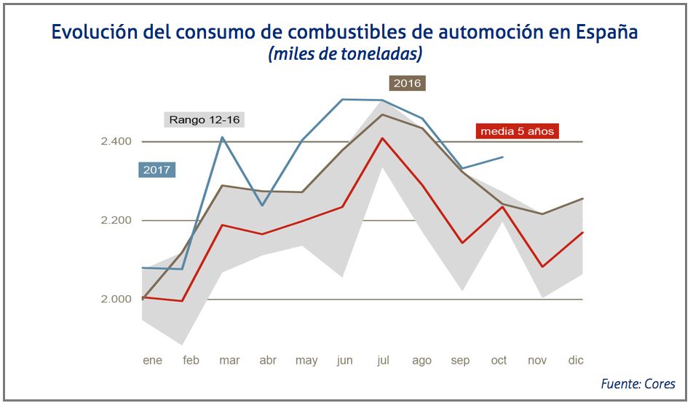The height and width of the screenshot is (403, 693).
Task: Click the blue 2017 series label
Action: pyautogui.click(x=157, y=171)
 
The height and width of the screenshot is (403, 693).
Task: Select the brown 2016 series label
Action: pyautogui.click(x=407, y=83)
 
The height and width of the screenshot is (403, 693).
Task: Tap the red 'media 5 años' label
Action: pyautogui.click(x=517, y=131)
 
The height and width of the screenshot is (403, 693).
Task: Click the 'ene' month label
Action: pyautogui.click(x=152, y=360)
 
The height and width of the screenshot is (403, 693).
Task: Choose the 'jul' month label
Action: pyautogui.click(x=383, y=360)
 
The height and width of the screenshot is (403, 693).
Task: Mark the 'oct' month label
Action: pyautogui.click(x=499, y=360)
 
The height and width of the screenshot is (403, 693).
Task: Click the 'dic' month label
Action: pyautogui.click(x=576, y=360)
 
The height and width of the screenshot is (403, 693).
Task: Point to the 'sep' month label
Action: pyautogui.click(x=461, y=360)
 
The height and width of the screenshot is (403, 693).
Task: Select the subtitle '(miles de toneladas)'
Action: pyautogui.click(x=345, y=55)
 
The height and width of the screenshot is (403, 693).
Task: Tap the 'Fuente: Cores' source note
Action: pyautogui.click(x=638, y=383)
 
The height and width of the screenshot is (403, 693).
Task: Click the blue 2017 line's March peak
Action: pyautogui.click(x=222, y=137)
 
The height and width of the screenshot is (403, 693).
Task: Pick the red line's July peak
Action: pyautogui.click(x=382, y=138)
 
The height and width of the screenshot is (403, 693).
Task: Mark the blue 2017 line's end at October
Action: pyautogui.click(x=502, y=157)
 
